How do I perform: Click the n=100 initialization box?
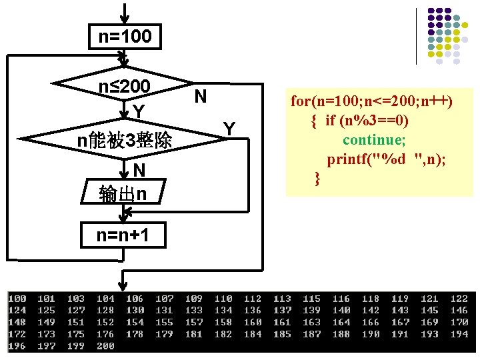[125, 36]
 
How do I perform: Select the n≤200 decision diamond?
[125, 87]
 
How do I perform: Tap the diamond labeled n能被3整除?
[125, 140]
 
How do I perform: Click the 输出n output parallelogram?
[124, 193]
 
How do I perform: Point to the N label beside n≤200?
[199, 97]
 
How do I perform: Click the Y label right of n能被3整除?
[229, 127]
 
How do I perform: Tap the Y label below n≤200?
[138, 111]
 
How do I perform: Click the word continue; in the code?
[374, 140]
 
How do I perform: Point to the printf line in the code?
[386, 159]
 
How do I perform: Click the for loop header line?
[371, 101]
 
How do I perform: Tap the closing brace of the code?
[317, 178]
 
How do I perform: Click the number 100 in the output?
[17, 299]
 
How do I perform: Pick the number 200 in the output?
[105, 346]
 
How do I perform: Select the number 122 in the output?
[459, 299]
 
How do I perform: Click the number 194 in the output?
[459, 334]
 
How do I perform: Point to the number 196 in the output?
[17, 346]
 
